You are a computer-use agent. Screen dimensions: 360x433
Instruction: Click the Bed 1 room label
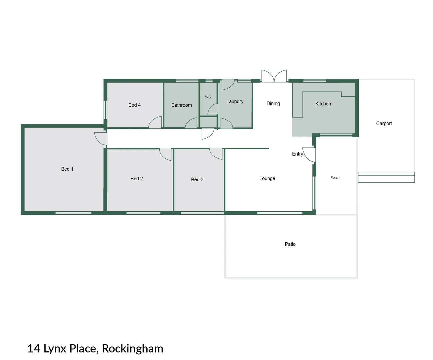[67, 169]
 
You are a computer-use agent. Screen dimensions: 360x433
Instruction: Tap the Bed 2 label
[137, 179]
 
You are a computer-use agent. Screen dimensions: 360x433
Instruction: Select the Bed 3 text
[197, 179]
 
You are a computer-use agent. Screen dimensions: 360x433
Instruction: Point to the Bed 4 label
[134, 105]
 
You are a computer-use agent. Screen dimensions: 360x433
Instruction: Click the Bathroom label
[181, 105]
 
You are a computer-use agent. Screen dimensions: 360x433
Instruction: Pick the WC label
[208, 97]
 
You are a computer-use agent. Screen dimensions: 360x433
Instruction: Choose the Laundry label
[235, 101]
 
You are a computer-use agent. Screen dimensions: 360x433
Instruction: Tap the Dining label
[273, 104]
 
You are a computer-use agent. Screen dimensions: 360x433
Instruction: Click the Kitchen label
[323, 104]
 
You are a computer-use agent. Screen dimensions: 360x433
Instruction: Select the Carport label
[384, 123]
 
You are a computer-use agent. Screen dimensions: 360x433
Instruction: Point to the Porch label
[335, 178]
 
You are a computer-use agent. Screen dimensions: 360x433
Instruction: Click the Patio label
[290, 244]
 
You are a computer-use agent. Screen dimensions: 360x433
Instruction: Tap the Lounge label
[267, 178]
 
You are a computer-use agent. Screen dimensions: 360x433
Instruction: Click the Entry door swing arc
[309, 155]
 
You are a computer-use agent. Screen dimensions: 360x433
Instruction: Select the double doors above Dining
[274, 76]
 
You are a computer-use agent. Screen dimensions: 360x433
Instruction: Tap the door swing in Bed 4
[155, 123]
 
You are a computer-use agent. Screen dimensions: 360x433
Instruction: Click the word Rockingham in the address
[132, 348]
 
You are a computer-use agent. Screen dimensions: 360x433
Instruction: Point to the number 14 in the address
[34, 348]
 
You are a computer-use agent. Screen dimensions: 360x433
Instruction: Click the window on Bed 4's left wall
[105, 110]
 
